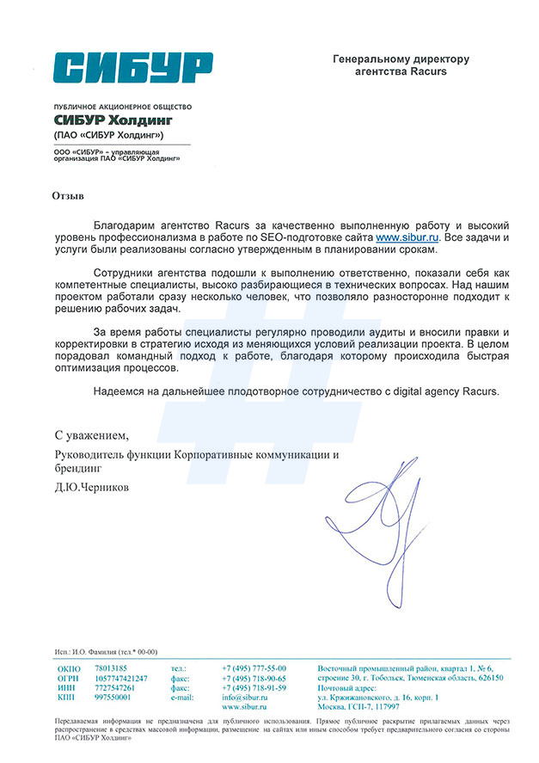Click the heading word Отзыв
click(x=68, y=196)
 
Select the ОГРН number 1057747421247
click(x=120, y=678)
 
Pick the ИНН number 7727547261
click(x=114, y=687)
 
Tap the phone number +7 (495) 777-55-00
click(x=254, y=668)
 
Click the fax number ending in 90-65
click(x=254, y=678)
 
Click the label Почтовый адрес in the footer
click(x=347, y=687)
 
